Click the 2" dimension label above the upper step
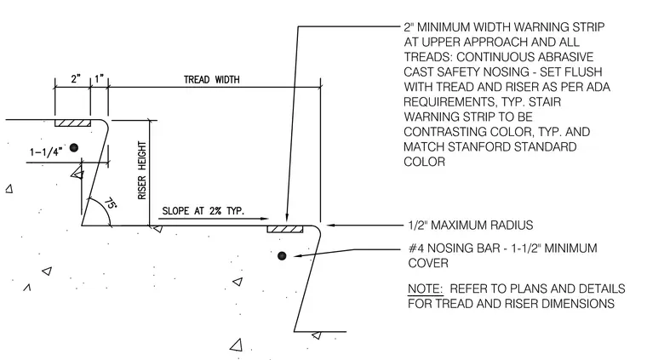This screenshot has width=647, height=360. pyautogui.click(x=76, y=79)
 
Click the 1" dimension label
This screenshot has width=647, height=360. pyautogui.click(x=99, y=79)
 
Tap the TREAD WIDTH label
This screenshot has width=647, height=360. pyautogui.click(x=211, y=80)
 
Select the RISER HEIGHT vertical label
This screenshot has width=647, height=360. pyautogui.click(x=142, y=171)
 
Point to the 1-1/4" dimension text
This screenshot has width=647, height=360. pyautogui.click(x=46, y=152)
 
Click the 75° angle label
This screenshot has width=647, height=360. pyautogui.click(x=110, y=203)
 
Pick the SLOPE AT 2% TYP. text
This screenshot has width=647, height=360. pyautogui.click(x=203, y=211)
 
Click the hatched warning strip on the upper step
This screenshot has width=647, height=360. pyautogui.click(x=73, y=123)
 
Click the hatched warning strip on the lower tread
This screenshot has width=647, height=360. pyautogui.click(x=285, y=229)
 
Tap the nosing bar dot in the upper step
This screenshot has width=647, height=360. pyautogui.click(x=74, y=147)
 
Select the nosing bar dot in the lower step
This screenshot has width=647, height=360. pyautogui.click(x=282, y=256)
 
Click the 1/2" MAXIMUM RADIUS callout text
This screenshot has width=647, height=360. pyautogui.click(x=471, y=226)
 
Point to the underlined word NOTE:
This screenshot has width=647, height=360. pyautogui.click(x=425, y=289)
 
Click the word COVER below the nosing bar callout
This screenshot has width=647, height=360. pyautogui.click(x=428, y=263)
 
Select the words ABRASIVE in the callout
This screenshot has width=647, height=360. pyautogui.click(x=566, y=57)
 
